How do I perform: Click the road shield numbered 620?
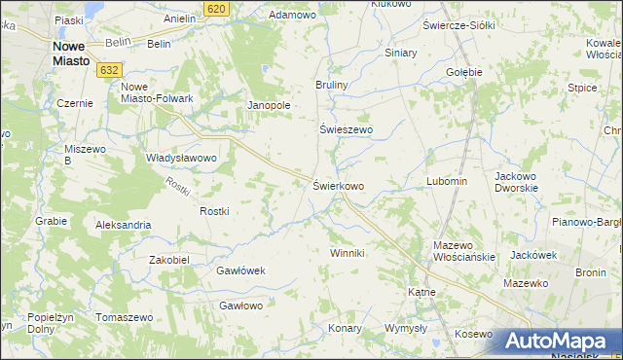pos(217,8)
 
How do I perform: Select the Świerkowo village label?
pos(338,185)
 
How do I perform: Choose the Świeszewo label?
pos(347,129)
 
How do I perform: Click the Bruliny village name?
pos(331,86)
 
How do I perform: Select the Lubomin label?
pos(447,182)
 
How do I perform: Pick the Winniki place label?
pos(346,253)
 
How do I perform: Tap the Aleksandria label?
pos(123,225)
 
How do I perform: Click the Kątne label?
pos(421,291)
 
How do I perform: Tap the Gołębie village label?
pos(463,72)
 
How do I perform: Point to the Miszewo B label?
pos(81,154)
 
